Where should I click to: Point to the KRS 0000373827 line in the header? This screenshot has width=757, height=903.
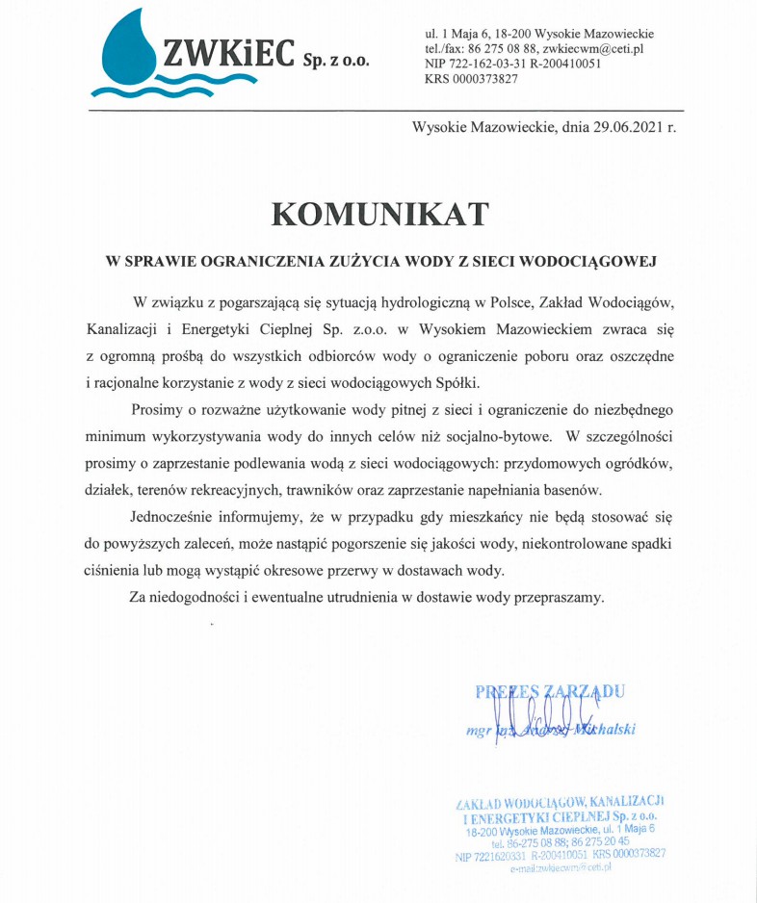[x=471, y=80]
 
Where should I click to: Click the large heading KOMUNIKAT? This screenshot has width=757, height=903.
[x=379, y=214]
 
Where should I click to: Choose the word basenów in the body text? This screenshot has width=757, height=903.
[x=576, y=488]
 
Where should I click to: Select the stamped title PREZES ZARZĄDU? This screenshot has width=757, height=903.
[x=550, y=690]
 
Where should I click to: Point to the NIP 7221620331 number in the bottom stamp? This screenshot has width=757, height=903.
[x=491, y=854]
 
